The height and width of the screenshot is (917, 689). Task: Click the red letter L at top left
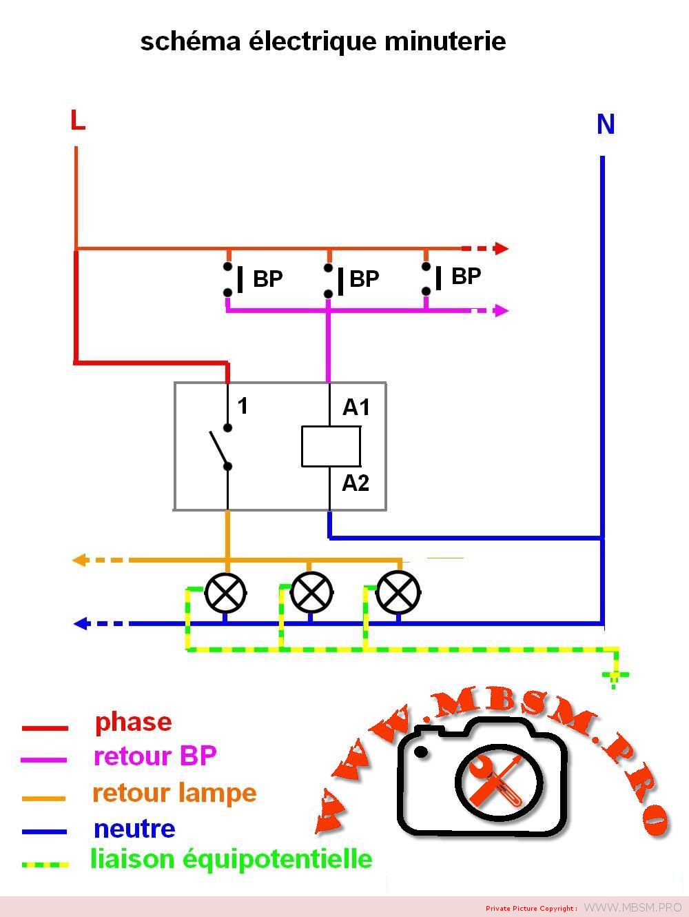[78, 121]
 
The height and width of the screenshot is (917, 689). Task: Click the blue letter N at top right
[605, 125]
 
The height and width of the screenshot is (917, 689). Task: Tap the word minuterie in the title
[445, 41]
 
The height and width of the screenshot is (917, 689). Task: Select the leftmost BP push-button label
[267, 279]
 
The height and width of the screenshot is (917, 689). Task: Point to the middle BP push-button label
[364, 279]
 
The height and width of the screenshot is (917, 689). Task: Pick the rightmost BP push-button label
[466, 276]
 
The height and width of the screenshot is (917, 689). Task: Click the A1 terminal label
[356, 408]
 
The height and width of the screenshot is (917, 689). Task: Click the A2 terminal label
[356, 483]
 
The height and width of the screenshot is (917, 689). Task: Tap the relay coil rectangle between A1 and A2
[331, 446]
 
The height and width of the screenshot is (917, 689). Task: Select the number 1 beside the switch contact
[243, 406]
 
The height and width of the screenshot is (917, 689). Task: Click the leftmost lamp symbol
[225, 592]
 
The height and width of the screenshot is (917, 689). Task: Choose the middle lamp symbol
[311, 592]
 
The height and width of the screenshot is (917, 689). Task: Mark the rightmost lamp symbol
[398, 592]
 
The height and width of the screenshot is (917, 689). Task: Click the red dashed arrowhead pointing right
[502, 248]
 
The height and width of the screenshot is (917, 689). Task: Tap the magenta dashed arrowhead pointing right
[502, 311]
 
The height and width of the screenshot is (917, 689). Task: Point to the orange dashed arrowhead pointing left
[79, 561]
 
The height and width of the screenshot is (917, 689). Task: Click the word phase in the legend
[133, 722]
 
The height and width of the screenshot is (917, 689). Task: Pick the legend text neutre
[134, 828]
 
